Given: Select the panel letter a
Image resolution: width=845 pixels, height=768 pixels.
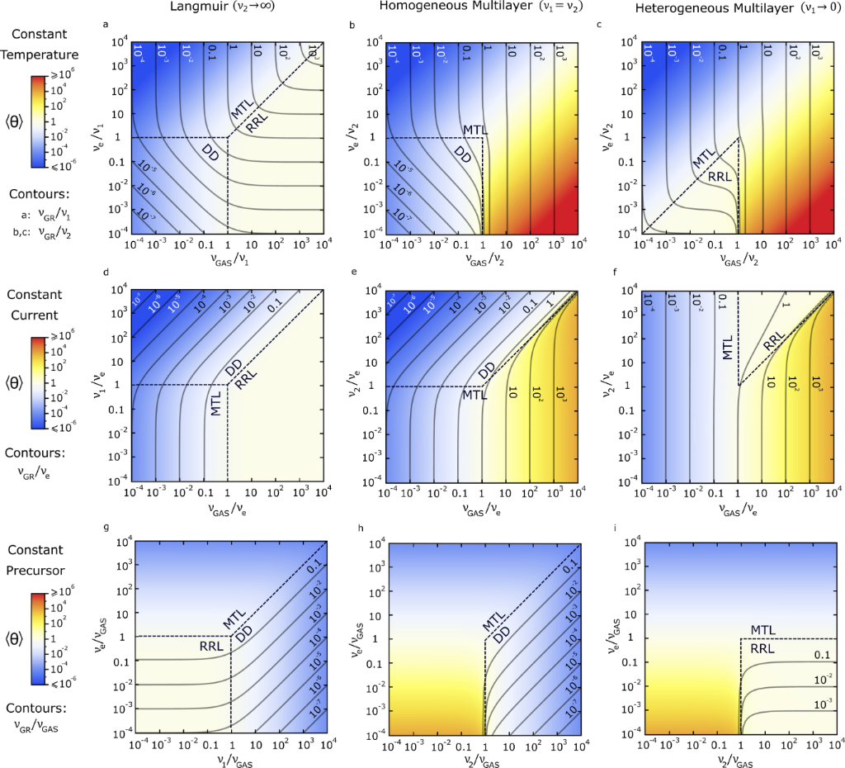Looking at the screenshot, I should coord(105,25).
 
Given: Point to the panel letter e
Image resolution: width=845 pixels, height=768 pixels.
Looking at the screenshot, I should coord(353,273).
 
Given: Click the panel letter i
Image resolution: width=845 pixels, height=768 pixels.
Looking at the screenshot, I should coord(597,531).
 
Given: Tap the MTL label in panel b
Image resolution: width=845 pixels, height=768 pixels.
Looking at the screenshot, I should coord(474,129).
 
